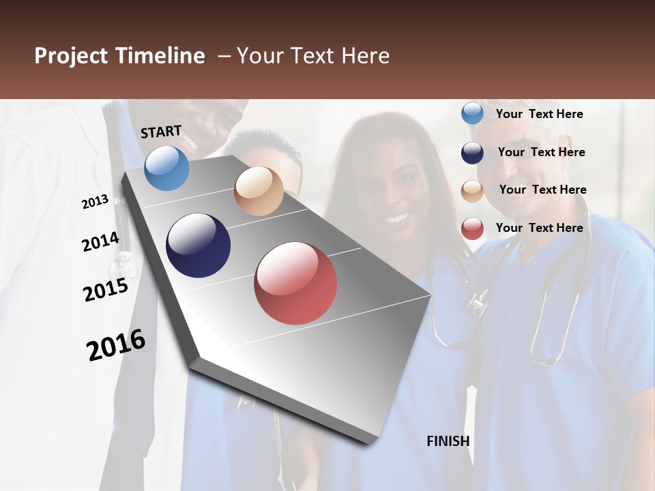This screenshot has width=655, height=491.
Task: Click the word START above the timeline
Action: click(x=161, y=132)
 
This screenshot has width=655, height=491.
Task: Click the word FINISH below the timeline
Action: click(x=448, y=441)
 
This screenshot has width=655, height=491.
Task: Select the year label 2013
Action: click(x=95, y=202)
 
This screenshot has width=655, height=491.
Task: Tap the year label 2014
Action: click(x=100, y=241)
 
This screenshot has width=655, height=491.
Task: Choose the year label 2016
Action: click(x=116, y=345)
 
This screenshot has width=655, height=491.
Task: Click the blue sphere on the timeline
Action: click(x=166, y=168)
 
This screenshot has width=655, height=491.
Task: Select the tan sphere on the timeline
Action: click(x=259, y=191)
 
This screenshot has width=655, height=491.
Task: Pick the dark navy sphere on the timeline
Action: click(x=198, y=245)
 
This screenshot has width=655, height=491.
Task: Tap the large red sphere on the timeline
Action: click(x=295, y=283)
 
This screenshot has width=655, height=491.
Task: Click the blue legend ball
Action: click(x=472, y=114)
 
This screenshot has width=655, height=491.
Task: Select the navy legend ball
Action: click(x=472, y=153)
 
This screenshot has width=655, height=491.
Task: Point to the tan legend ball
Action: click(x=472, y=191)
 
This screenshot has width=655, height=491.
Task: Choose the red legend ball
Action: click(x=472, y=228)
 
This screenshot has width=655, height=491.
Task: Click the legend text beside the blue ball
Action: click(x=539, y=114)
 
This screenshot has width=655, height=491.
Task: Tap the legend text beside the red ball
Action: click(x=539, y=228)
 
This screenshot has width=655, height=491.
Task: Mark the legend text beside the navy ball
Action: click(x=541, y=152)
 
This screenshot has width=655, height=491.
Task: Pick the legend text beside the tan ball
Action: click(x=542, y=190)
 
